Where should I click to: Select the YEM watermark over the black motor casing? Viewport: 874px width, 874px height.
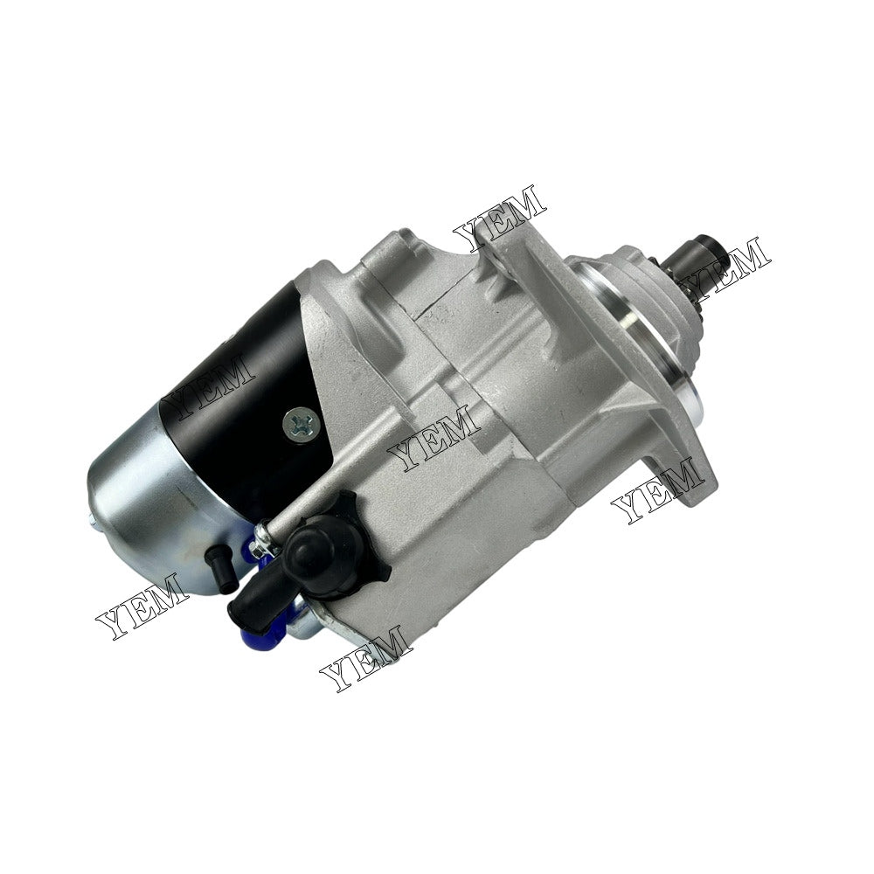(x=211, y=385)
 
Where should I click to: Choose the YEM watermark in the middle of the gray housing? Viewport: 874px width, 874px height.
(x=434, y=438)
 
